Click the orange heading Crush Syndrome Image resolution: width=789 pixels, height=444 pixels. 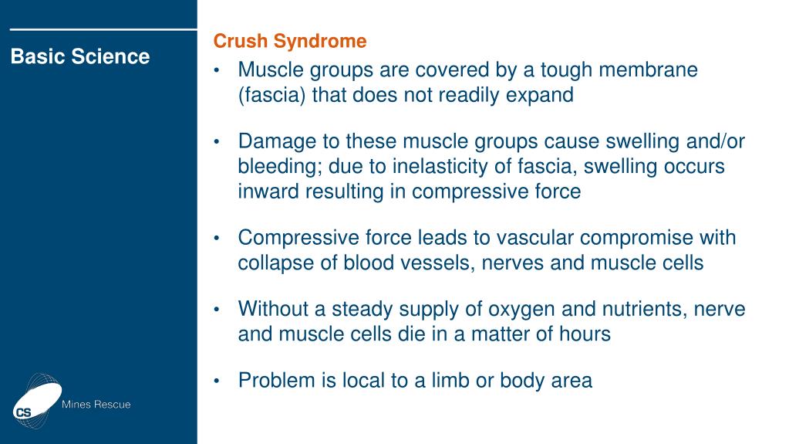289,41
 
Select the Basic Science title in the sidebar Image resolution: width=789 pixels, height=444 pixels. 80,56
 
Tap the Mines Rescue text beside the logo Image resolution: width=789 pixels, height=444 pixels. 96,405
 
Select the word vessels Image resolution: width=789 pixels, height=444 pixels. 437,263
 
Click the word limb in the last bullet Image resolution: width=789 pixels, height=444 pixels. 443,380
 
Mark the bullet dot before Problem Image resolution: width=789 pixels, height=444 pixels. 218,381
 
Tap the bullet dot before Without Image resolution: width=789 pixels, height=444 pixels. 218,310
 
